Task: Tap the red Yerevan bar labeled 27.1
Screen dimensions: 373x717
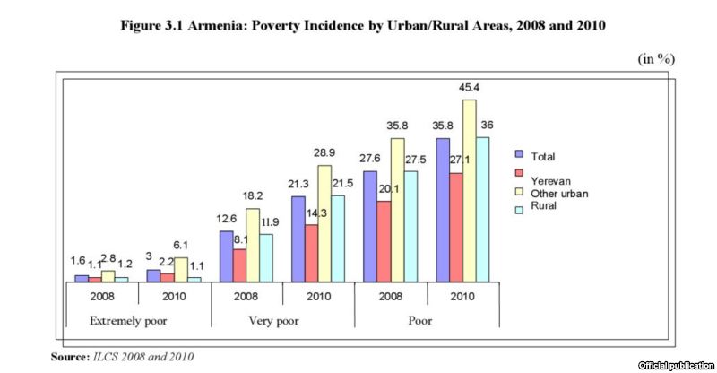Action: pyautogui.click(x=456, y=227)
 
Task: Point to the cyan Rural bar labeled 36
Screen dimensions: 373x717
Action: pyautogui.click(x=483, y=209)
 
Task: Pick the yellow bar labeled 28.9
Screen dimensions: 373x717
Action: pyautogui.click(x=324, y=223)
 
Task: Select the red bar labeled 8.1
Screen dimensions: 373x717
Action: pyautogui.click(x=239, y=265)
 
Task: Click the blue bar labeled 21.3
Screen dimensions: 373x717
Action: pyautogui.click(x=298, y=239)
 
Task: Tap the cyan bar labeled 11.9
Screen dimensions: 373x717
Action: pyautogui.click(x=266, y=258)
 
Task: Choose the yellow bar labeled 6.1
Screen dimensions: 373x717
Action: pyautogui.click(x=181, y=270)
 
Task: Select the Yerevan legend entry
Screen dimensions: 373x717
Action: pyautogui.click(x=548, y=180)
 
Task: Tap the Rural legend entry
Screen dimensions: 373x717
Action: pyautogui.click(x=543, y=206)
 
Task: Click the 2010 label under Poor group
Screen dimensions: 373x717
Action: pyautogui.click(x=462, y=295)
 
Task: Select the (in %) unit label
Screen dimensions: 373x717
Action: pyautogui.click(x=656, y=58)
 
